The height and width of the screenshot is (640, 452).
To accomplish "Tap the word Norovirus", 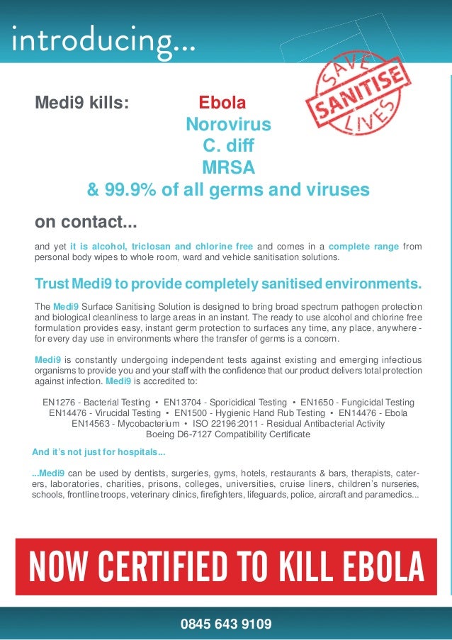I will (228, 125).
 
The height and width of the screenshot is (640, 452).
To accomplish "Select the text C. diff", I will (228, 147).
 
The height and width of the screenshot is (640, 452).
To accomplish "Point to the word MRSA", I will (228, 169).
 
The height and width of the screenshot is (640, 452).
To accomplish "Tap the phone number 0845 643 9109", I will (226, 624).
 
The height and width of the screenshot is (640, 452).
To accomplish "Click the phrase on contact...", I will (86, 223).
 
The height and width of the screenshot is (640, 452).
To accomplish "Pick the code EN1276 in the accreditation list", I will (62, 402).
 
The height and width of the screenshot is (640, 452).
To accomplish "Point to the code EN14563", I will (94, 423).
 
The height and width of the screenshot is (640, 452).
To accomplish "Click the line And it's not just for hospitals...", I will (99, 452).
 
